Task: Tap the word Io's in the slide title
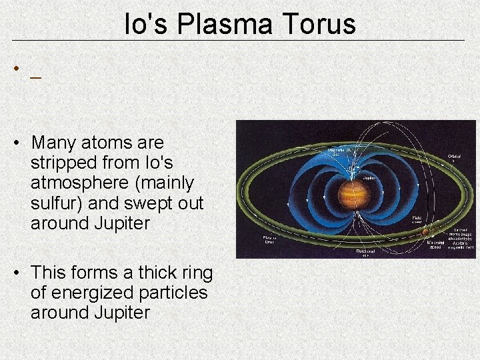coord(145,24)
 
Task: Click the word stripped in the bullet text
coord(63,163)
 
